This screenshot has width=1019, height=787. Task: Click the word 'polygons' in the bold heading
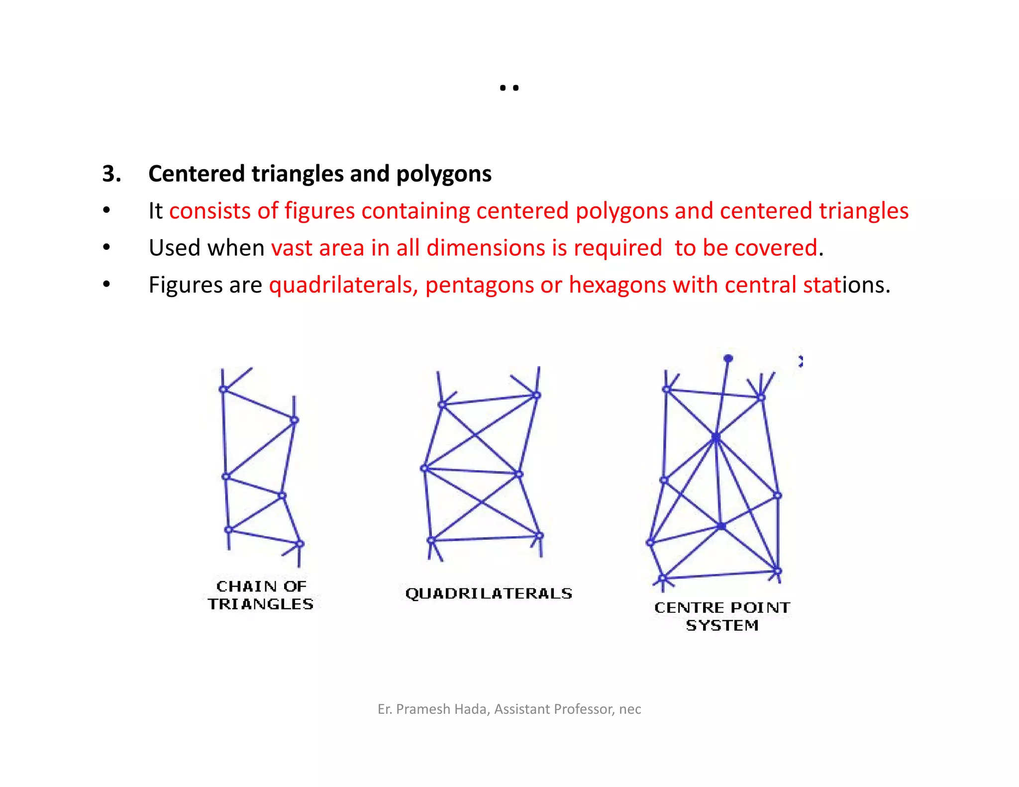pos(443,174)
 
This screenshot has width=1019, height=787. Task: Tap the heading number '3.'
pos(111,174)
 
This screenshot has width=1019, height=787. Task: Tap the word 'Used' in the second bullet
pos(174,248)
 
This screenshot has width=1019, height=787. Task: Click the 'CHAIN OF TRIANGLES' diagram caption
pos(261,595)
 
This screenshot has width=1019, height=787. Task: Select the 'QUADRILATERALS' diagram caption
pos(489,593)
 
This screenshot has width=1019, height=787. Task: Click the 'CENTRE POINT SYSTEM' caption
pos(722,616)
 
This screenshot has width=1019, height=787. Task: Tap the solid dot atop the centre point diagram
pos(728,358)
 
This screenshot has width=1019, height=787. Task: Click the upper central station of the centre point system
pos(715,437)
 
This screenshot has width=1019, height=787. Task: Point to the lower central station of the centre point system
pos(721,525)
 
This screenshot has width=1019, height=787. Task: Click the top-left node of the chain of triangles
pos(223,389)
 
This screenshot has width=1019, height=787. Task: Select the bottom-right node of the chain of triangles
pos(300,544)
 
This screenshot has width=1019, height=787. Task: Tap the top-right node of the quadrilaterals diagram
pos(536,395)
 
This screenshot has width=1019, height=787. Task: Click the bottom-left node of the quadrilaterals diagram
pos(431,540)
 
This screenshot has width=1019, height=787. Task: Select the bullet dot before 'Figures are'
pos(106,285)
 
